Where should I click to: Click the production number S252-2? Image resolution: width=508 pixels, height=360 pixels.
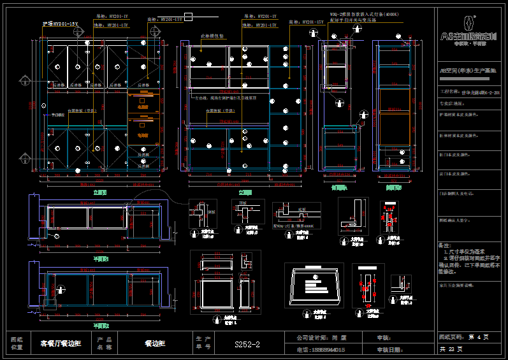pyautogui.click(x=247, y=344)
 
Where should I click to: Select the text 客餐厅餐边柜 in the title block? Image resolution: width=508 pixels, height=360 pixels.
pyautogui.click(x=61, y=343)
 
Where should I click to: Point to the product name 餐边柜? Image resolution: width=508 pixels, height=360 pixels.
pyautogui.click(x=155, y=343)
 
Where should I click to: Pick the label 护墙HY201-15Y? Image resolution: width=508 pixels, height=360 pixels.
pyautogui.click(x=60, y=24)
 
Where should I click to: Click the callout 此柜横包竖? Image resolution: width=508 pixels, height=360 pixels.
pyautogui.click(x=213, y=37)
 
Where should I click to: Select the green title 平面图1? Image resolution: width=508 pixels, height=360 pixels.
pyautogui.click(x=101, y=259)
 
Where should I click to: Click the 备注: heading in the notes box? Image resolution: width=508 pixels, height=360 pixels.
pyautogui.click(x=444, y=245)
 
